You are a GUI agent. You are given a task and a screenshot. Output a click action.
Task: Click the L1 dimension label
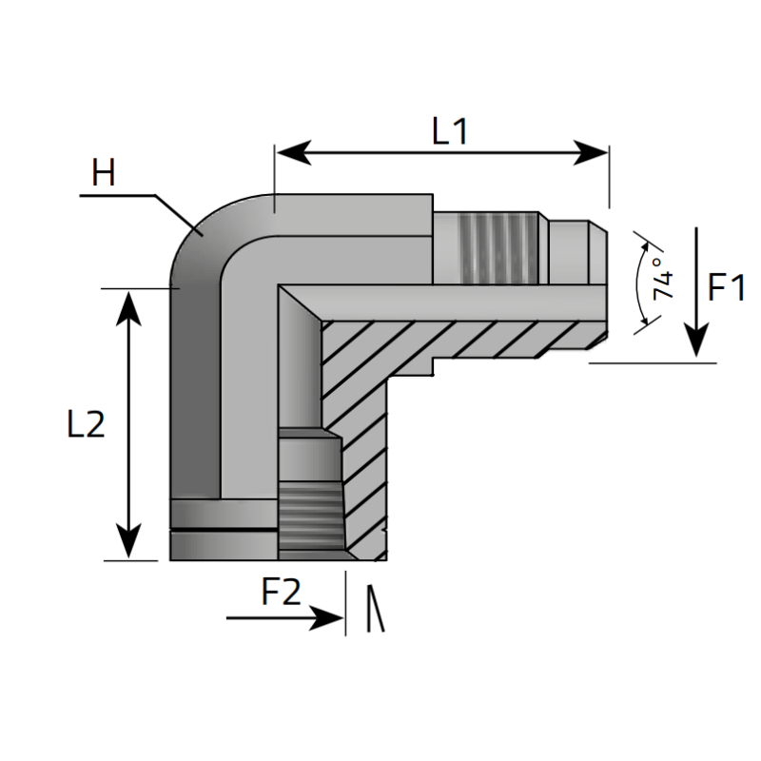point(450,131)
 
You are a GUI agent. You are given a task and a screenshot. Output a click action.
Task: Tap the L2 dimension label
point(86,424)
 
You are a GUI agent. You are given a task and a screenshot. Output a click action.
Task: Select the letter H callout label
point(104,174)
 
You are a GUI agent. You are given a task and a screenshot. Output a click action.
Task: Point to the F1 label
point(728,286)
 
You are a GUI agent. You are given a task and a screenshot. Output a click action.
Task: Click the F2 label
point(281,593)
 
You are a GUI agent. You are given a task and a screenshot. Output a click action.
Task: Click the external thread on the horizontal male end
point(495,247)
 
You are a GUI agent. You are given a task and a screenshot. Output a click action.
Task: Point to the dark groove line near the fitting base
point(224,527)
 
